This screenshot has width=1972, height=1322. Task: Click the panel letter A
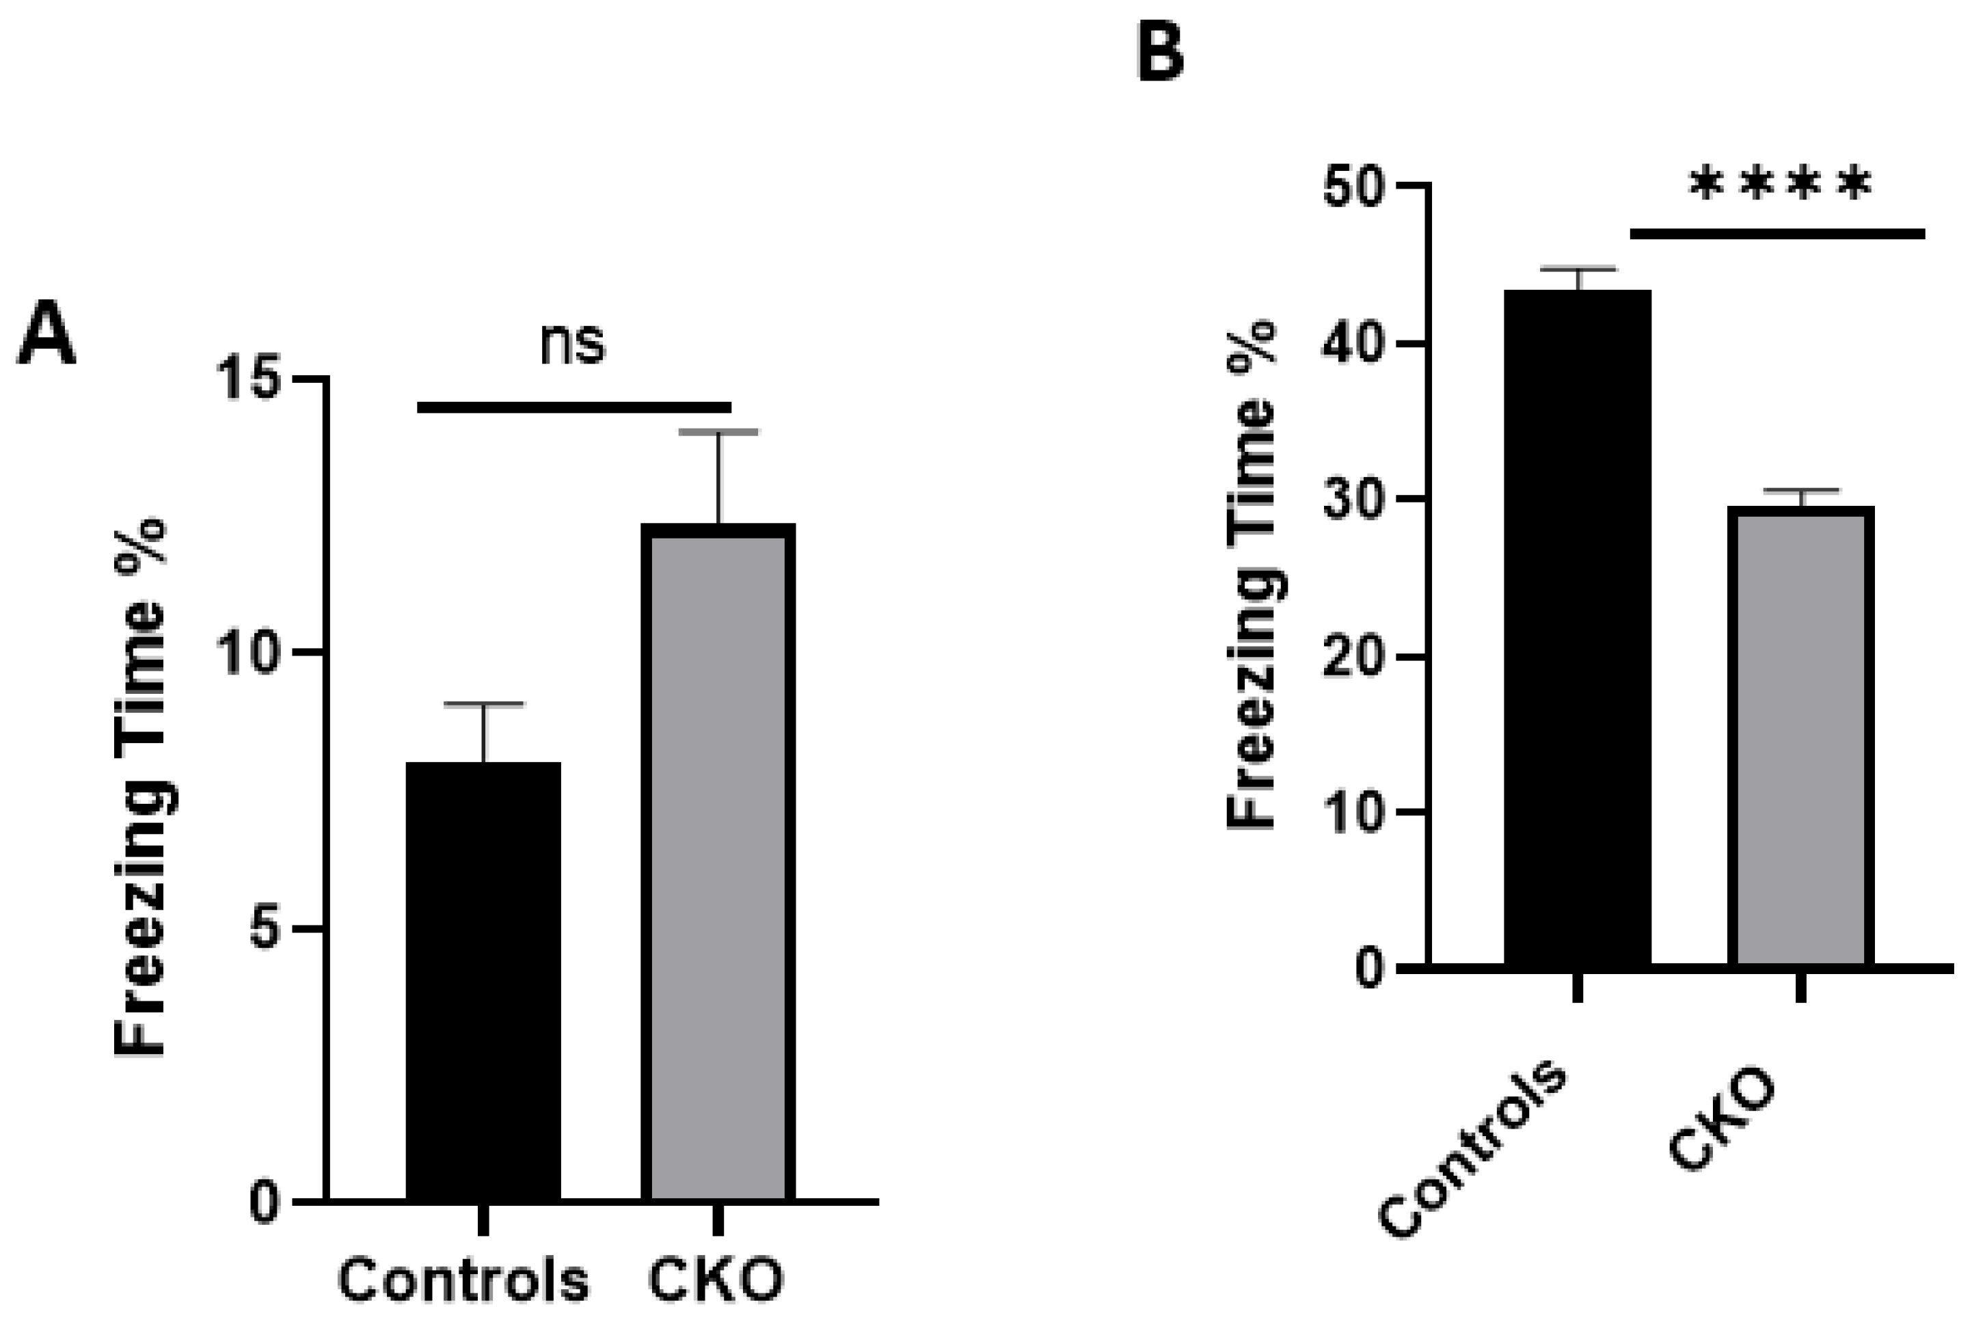pyautogui.click(x=47, y=335)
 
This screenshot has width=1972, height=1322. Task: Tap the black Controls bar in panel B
pyautogui.click(x=1578, y=628)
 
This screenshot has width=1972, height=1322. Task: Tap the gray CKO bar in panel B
pyautogui.click(x=1801, y=737)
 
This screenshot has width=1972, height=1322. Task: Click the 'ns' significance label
pyautogui.click(x=573, y=343)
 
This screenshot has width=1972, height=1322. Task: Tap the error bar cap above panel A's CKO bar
pyautogui.click(x=718, y=432)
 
